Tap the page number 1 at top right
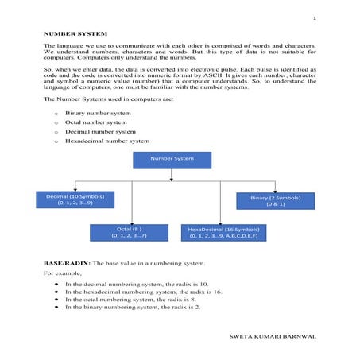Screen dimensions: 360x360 [315, 17]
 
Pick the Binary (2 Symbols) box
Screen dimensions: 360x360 [275, 199]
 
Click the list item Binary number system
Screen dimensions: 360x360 [98, 114]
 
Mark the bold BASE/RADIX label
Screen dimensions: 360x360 [67, 262]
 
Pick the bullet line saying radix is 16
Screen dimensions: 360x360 [143, 291]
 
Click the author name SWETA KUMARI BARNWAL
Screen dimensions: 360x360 [272, 336]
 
